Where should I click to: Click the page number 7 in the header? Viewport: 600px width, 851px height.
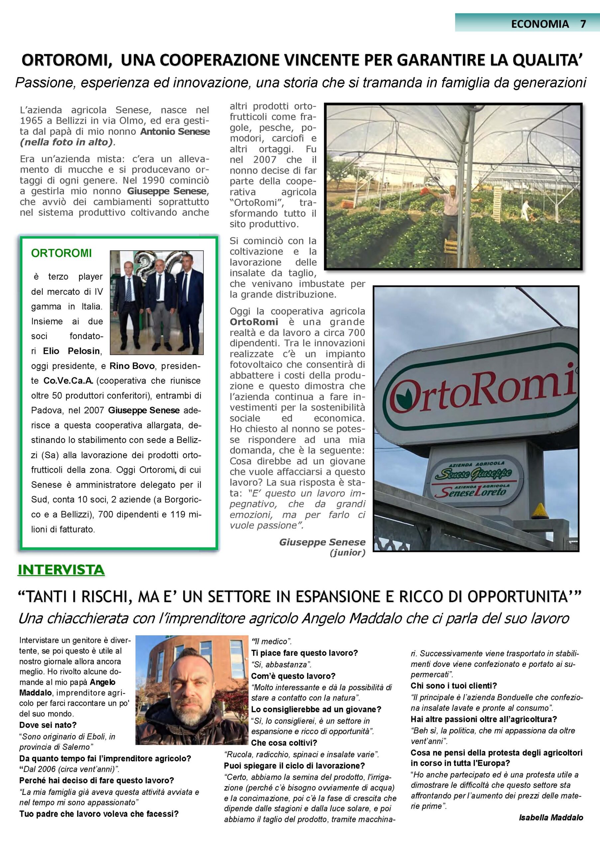coord(583,24)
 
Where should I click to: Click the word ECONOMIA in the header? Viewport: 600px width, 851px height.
coord(540,24)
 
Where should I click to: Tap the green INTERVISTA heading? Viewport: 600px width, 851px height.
coord(61,570)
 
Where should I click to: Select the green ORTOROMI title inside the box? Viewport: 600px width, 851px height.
coord(61,253)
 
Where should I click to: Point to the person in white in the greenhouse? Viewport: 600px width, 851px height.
coord(526,209)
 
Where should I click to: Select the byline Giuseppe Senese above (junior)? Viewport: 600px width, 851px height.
coord(322,542)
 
